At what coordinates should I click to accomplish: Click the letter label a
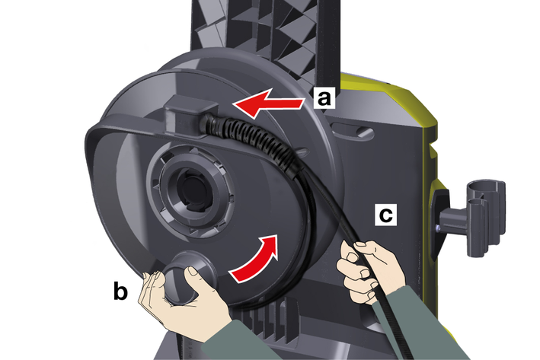(x=324, y=97)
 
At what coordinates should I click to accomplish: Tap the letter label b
(x=120, y=291)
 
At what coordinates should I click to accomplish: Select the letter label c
(x=385, y=215)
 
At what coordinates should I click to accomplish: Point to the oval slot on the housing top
(x=353, y=131)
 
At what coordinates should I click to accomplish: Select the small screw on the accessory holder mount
(x=437, y=227)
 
